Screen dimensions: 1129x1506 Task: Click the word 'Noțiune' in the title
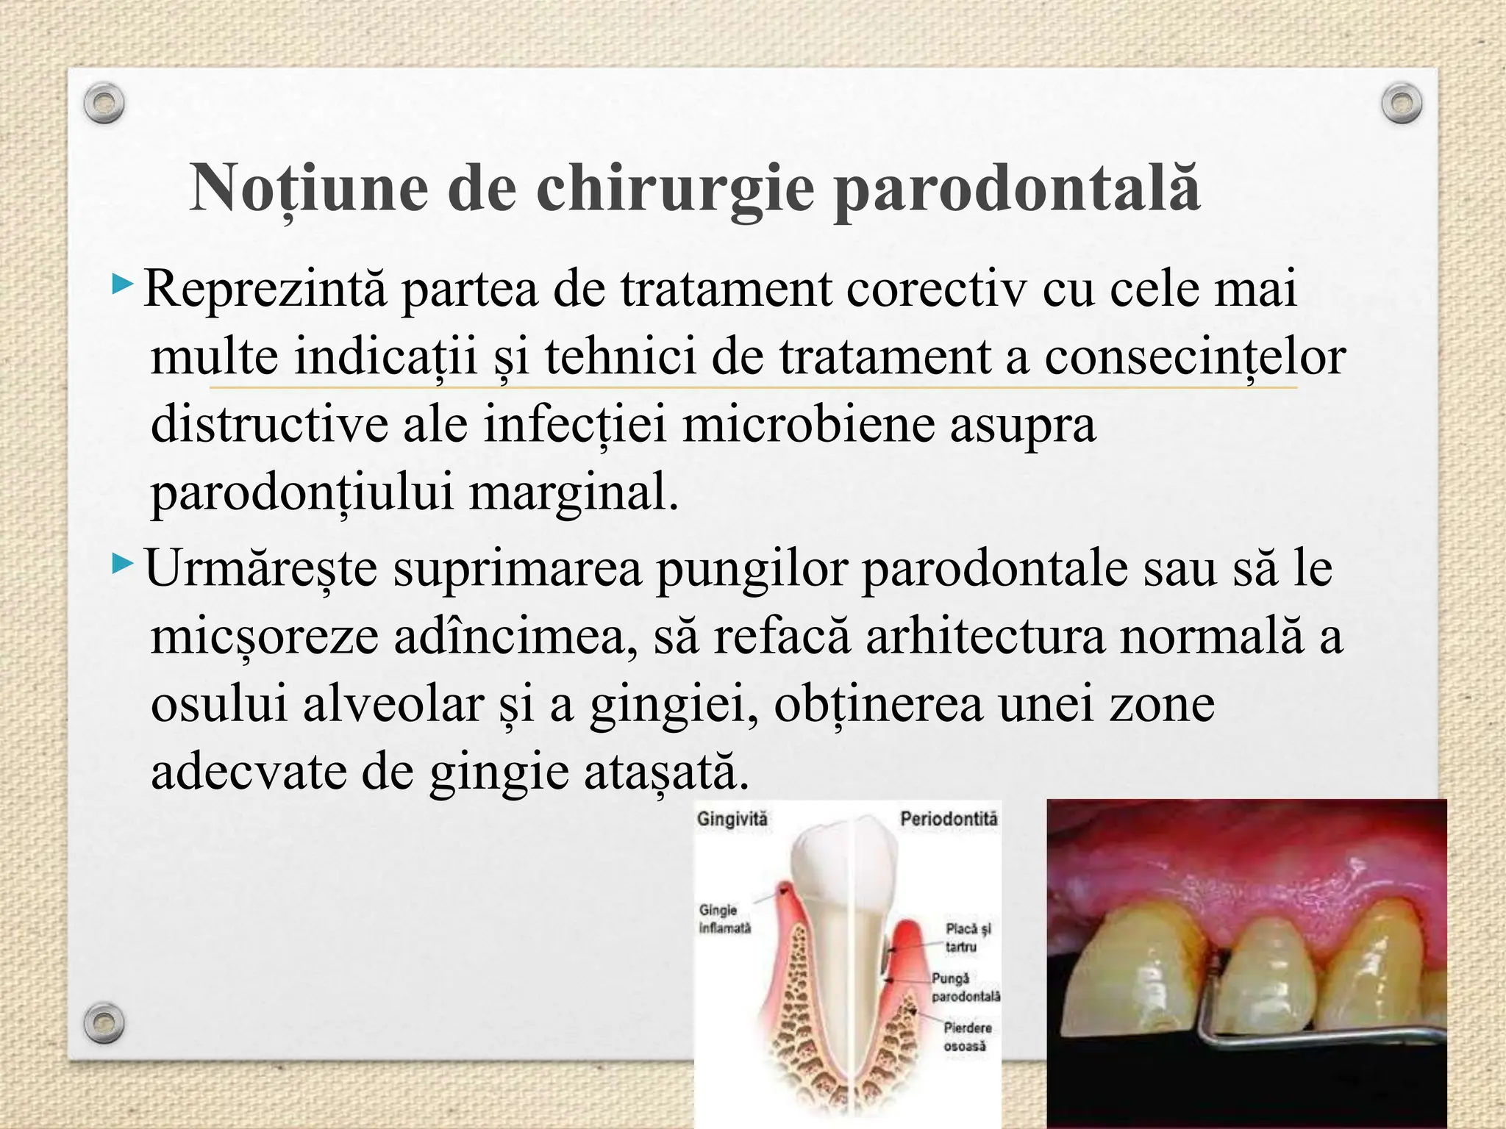[x=309, y=188]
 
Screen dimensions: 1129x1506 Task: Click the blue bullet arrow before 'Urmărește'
[x=123, y=565]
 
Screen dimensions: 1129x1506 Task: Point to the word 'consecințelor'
[x=1194, y=357]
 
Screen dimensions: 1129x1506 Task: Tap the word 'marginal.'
[x=573, y=492]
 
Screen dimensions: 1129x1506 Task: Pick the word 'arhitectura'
[x=985, y=636]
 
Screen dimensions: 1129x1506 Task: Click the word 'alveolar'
[x=393, y=703]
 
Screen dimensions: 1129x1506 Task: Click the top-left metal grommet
[x=104, y=104]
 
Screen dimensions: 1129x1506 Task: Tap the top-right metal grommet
[x=1402, y=104]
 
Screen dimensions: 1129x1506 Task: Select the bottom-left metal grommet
[x=104, y=1022]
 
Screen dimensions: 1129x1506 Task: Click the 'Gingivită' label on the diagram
[x=732, y=819]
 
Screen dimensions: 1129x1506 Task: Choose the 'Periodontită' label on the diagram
[x=949, y=819]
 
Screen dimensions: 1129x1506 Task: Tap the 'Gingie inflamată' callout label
[x=725, y=919]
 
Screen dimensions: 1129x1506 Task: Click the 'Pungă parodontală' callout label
[x=965, y=987]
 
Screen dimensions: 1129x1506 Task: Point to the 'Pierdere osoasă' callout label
[x=966, y=1036]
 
